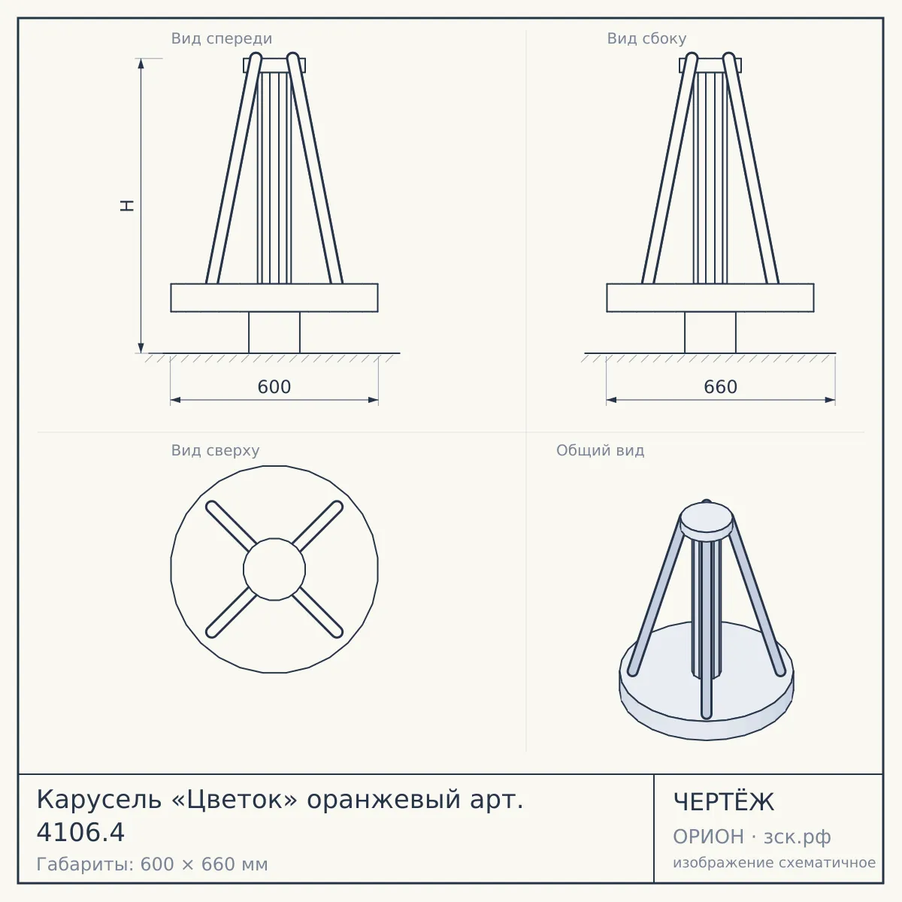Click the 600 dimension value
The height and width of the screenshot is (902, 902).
click(274, 387)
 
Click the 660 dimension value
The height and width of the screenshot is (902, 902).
click(720, 387)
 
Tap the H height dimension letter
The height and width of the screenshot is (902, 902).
click(127, 206)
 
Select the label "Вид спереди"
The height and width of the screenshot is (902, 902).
click(222, 38)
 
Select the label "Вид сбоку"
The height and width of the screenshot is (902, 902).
click(646, 38)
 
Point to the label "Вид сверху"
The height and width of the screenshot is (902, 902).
click(215, 450)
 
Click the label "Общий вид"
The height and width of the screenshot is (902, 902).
click(600, 450)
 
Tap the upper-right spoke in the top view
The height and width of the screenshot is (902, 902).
click(318, 525)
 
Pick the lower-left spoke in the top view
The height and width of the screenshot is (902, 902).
click(231, 613)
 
